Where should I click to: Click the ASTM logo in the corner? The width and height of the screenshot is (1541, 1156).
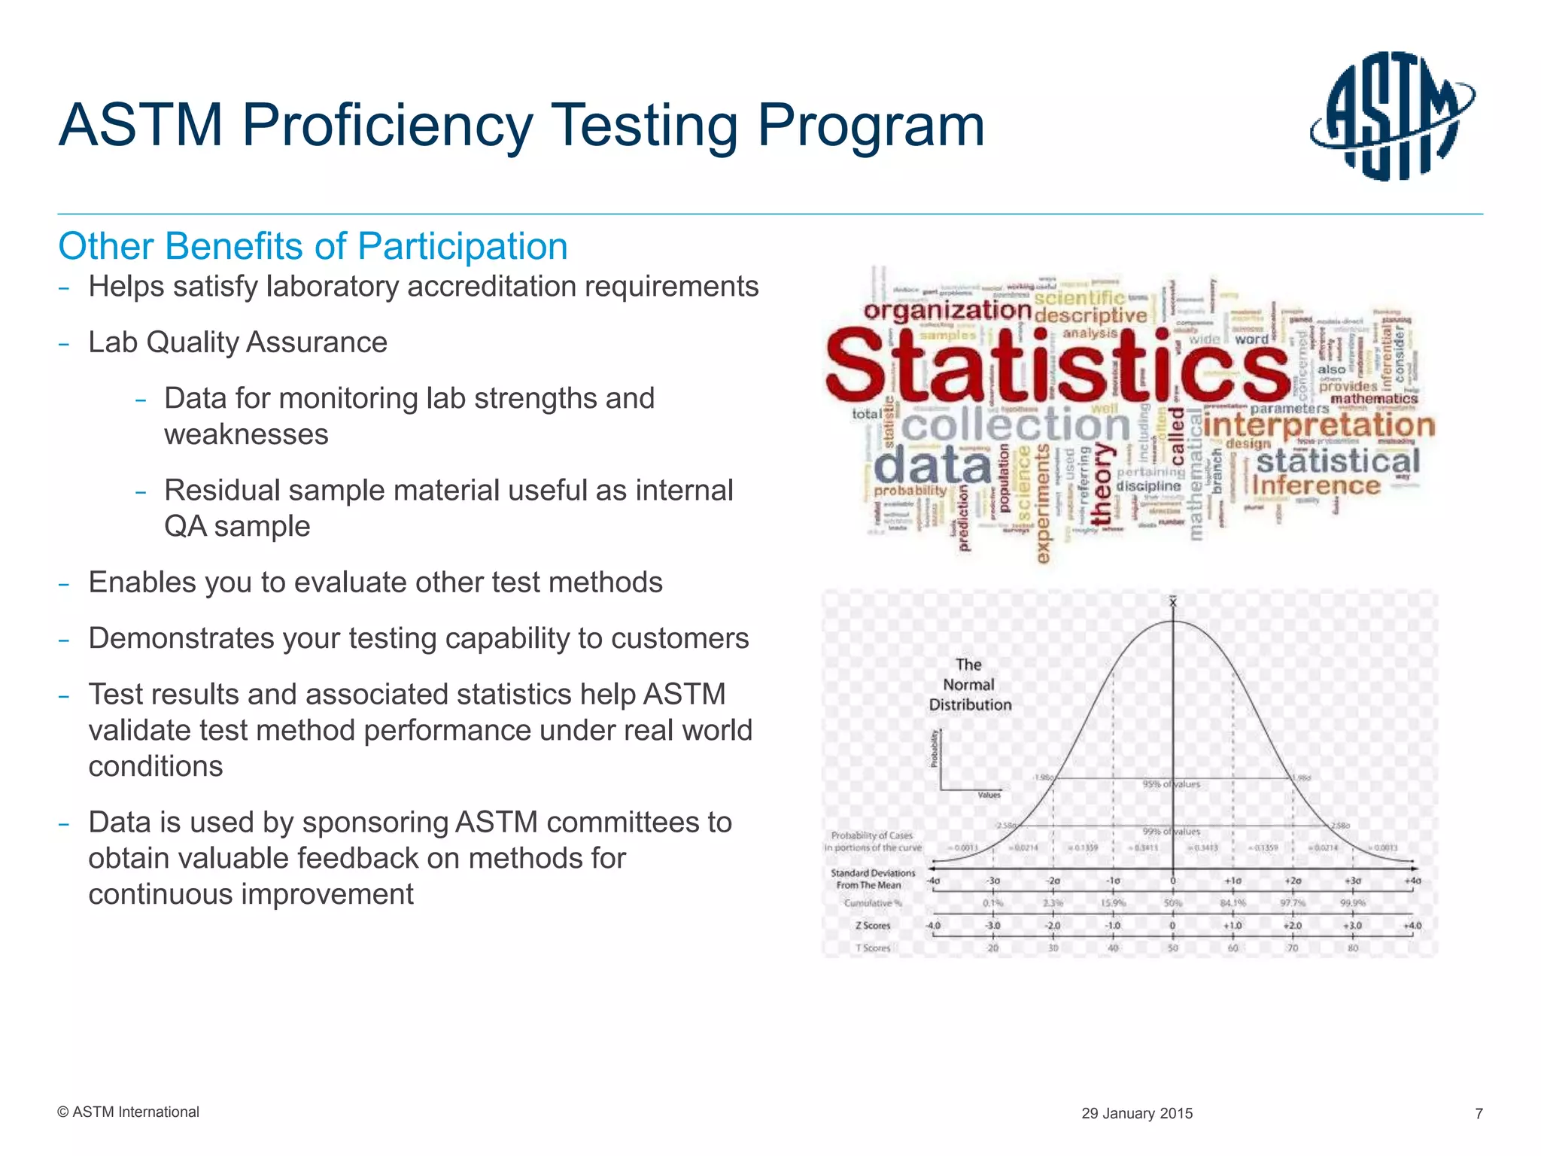pos(1392,117)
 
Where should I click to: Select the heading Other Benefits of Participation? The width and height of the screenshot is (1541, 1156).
pos(313,246)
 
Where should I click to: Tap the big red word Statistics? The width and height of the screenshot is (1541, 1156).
pos(1056,365)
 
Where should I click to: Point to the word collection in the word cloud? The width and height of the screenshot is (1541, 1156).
pos(1015,426)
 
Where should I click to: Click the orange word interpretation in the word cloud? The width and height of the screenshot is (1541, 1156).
pos(1319,425)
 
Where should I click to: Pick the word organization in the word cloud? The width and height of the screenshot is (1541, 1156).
pos(947,311)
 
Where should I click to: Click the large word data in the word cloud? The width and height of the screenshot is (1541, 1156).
pos(932,466)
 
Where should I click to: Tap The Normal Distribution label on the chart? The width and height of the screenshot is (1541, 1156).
pos(969,685)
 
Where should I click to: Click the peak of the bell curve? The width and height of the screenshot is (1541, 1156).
pos(1172,622)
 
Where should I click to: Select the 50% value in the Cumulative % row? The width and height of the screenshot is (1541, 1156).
pos(1172,903)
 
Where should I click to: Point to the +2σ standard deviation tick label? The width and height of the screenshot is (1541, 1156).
pos(1293,881)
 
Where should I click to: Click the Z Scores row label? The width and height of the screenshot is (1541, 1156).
pos(873,926)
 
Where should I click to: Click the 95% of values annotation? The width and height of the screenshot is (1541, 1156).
pos(1172,784)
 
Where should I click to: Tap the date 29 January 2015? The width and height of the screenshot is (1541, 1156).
pos(1137,1114)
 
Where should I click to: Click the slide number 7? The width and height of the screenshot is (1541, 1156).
pos(1479,1114)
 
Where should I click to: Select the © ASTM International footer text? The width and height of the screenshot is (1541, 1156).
pos(128,1112)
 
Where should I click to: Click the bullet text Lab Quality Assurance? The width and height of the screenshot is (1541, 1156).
pos(238,342)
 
